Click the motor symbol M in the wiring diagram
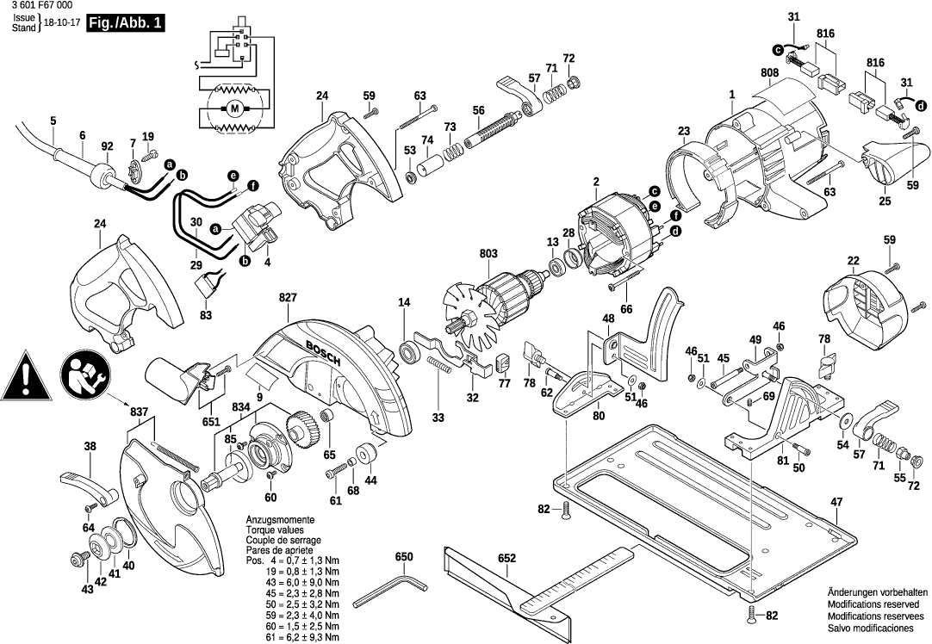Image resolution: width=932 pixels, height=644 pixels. tap(233, 108)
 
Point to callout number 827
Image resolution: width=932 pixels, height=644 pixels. tap(287, 298)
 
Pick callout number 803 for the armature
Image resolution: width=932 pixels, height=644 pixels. tap(488, 253)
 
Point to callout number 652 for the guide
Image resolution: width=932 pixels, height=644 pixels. tap(506, 559)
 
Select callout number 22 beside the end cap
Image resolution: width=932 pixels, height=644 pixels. tap(853, 261)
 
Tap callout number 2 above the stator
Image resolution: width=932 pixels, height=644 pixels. tap(595, 181)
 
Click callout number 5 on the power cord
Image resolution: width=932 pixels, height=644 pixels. tap(53, 121)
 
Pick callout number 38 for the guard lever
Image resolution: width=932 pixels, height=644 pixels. tap(90, 446)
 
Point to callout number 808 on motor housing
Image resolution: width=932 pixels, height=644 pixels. tap(769, 72)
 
